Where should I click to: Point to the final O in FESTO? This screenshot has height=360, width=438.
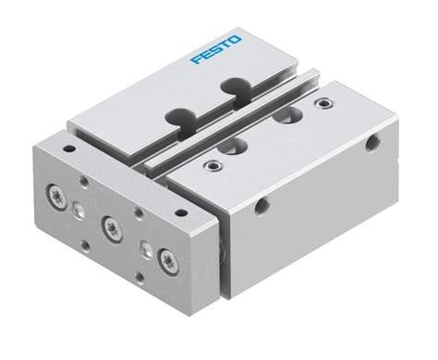point(238,40)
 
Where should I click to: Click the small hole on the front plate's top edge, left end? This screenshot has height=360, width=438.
point(67,145)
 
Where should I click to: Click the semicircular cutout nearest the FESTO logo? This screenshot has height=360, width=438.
point(230,88)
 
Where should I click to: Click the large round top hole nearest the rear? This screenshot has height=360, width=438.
point(293,115)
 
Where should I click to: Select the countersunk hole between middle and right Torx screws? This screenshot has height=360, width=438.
point(142,246)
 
